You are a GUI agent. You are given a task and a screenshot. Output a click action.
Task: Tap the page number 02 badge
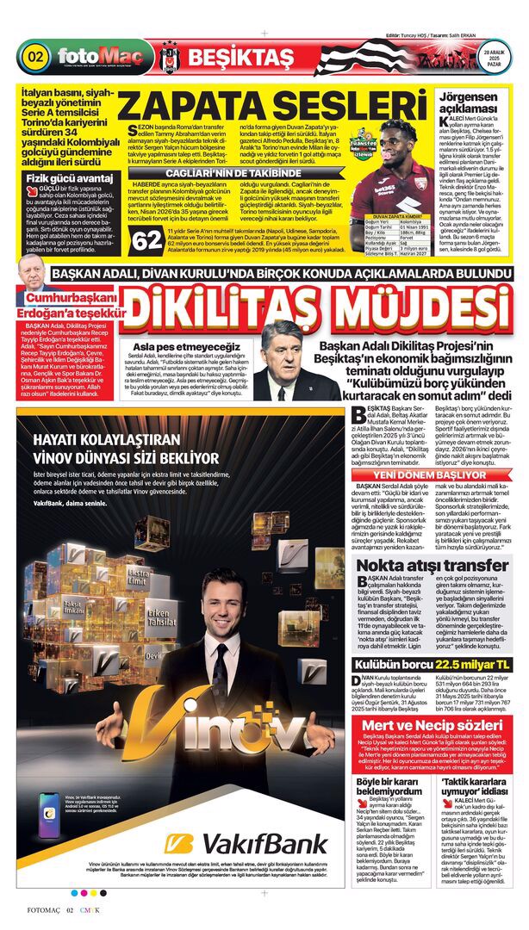point(36,58)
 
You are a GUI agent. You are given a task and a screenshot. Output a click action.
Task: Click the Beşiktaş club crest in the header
point(169,58)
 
